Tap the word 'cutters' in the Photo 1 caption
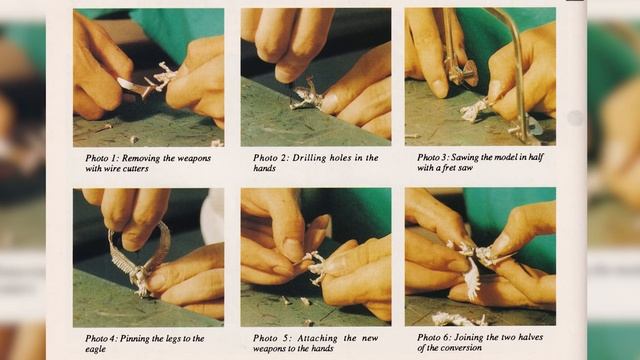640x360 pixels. pyautogui.click(x=135, y=169)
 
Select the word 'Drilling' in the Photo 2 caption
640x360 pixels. pyautogui.click(x=309, y=158)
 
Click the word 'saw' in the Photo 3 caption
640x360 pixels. pyautogui.click(x=466, y=168)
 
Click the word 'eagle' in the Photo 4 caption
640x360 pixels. pyautogui.click(x=96, y=349)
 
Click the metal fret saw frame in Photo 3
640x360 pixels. pyautogui.click(x=517, y=73)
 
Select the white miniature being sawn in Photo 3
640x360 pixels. pyautogui.click(x=473, y=109)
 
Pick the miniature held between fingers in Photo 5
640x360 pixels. pyautogui.click(x=314, y=267)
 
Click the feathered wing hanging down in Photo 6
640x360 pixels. pyautogui.click(x=471, y=279)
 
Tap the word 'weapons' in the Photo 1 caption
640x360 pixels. pyautogui.click(x=196, y=158)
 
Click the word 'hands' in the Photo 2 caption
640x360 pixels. pyautogui.click(x=264, y=168)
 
